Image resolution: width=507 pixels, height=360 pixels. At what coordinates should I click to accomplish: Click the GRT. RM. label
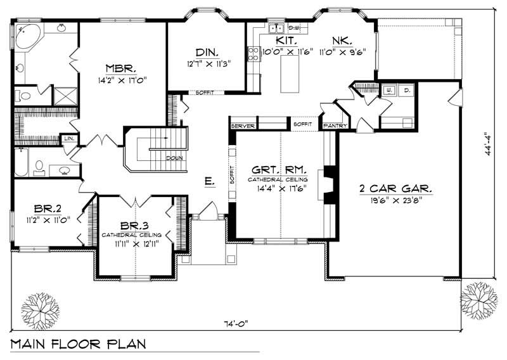279,170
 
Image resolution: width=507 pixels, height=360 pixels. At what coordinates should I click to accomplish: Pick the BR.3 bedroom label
136,226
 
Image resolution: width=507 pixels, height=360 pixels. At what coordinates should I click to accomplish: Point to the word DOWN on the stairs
176,158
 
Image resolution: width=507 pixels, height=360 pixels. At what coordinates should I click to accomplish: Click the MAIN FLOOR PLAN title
77,345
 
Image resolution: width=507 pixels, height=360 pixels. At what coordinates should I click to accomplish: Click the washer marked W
388,91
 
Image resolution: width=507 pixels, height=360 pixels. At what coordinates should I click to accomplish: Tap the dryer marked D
406,91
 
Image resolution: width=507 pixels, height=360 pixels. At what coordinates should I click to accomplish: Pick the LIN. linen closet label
67,138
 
